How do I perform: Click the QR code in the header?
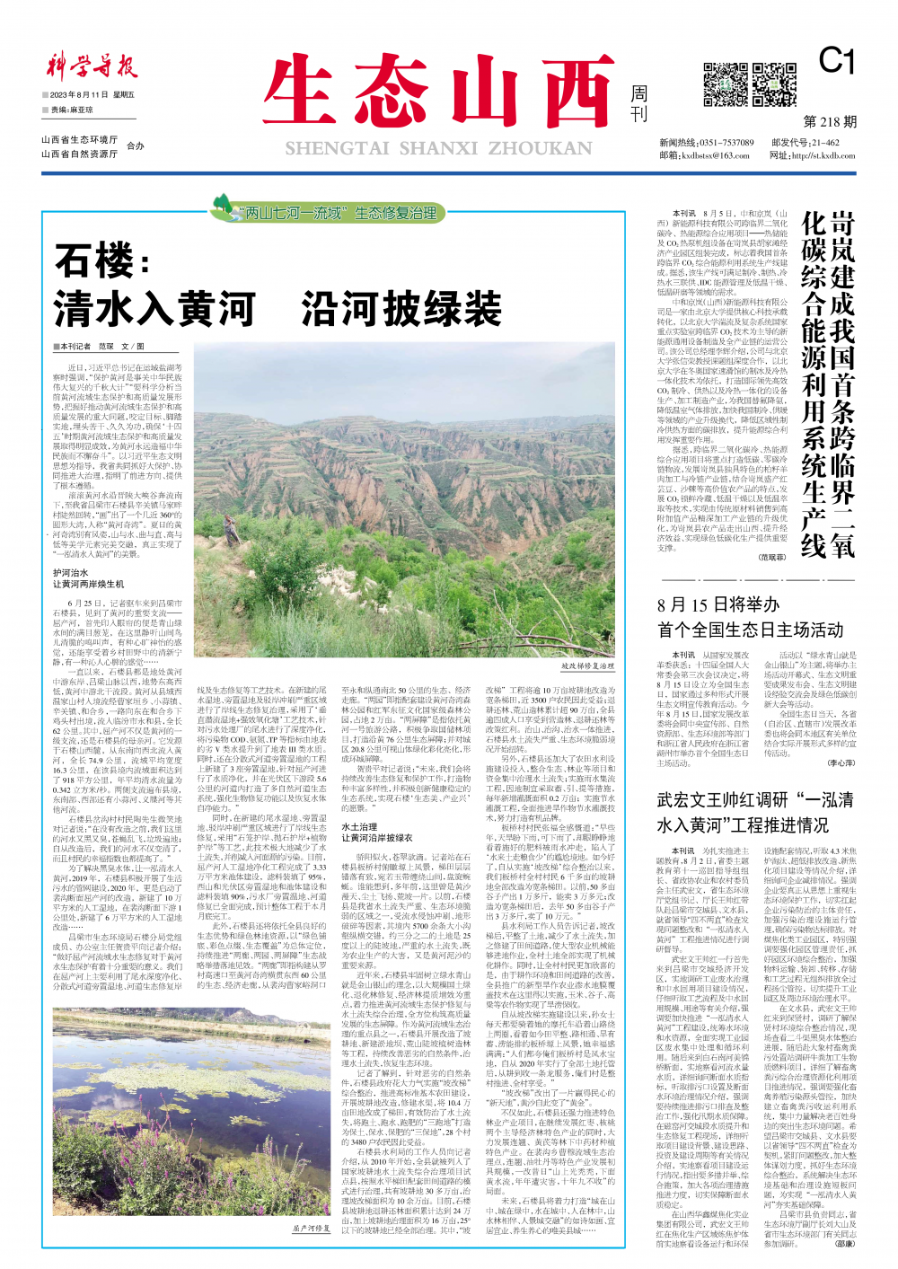point(726,85)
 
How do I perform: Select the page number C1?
point(836,61)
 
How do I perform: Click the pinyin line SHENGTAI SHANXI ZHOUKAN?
point(438,148)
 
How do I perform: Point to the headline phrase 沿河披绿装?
point(401,309)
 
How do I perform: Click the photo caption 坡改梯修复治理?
point(588,666)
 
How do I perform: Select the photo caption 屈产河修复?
point(311,1228)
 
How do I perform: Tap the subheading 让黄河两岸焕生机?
point(88,584)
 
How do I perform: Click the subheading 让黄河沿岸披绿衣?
point(377,836)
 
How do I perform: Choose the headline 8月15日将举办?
point(718,604)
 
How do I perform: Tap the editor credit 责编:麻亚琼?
point(72,110)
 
